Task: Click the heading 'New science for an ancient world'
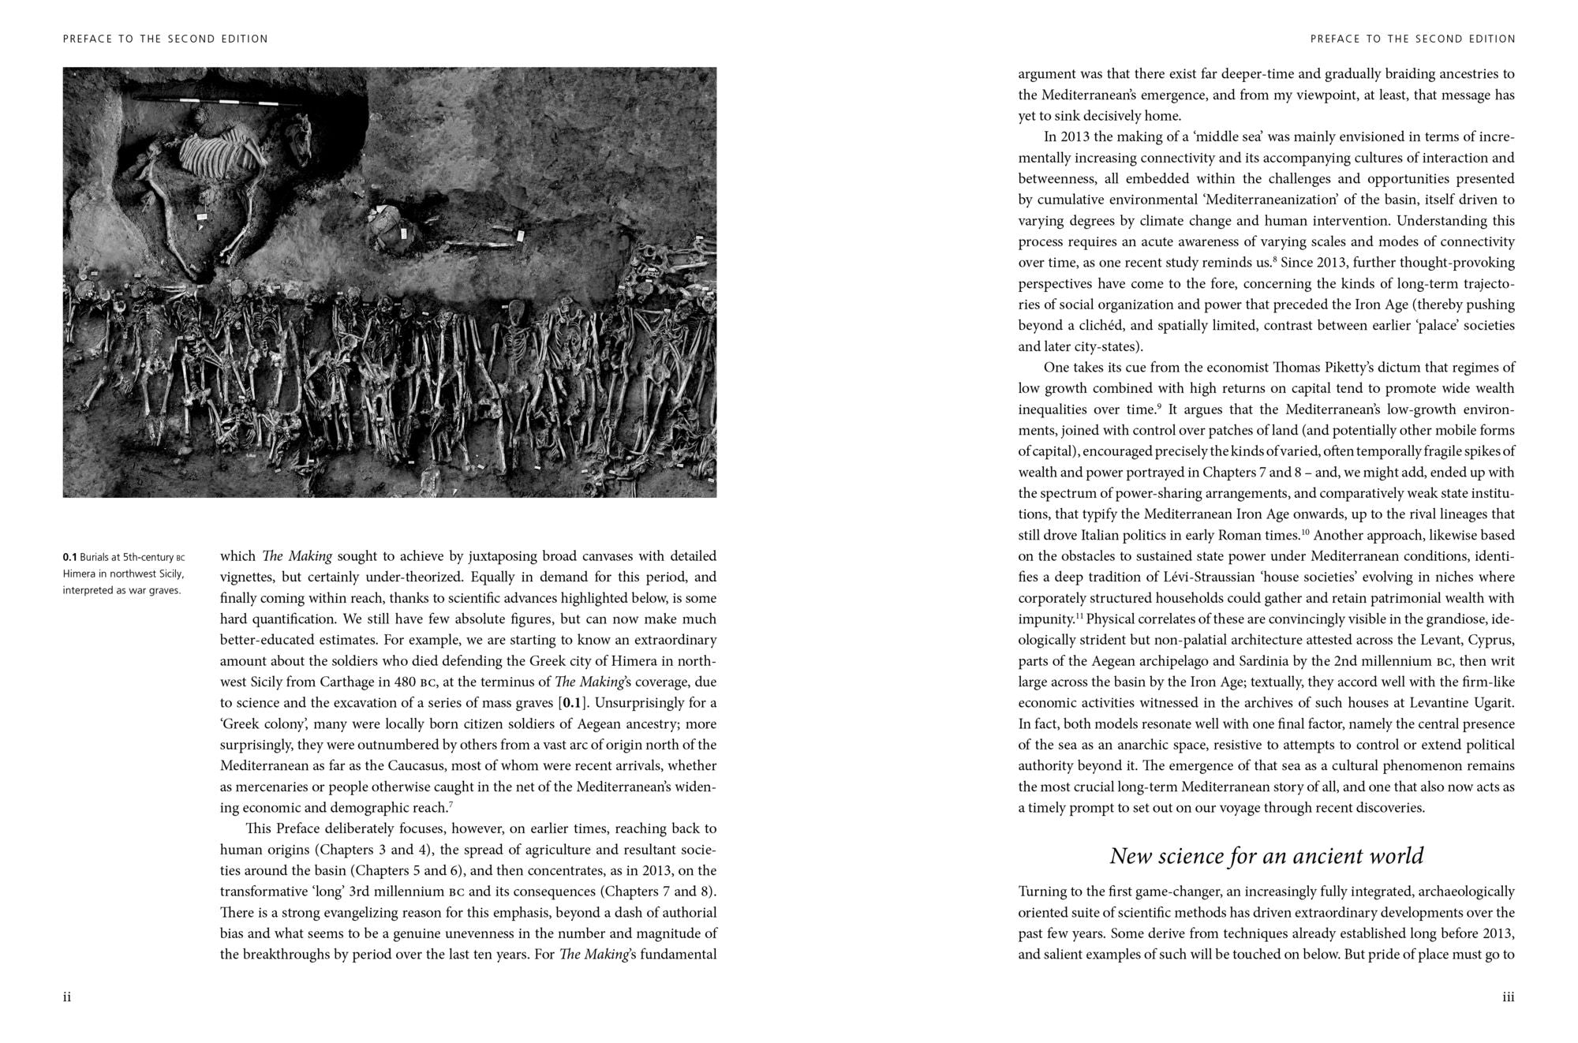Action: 1266,856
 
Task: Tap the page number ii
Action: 67,997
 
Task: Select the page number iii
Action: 1508,997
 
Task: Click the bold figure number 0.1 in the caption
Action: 69,558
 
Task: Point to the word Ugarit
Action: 1492,702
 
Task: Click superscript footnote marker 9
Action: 1159,406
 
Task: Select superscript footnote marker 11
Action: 1079,616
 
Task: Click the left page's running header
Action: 166,39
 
